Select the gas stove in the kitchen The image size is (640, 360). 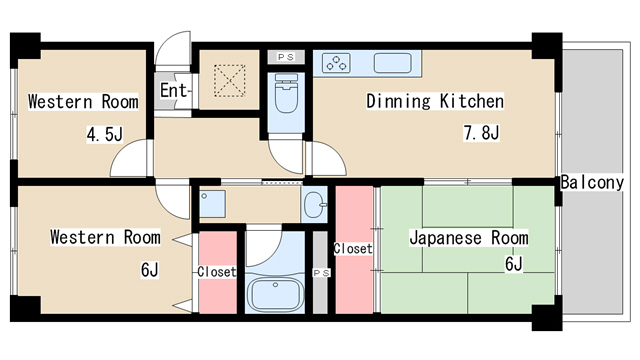point(337,63)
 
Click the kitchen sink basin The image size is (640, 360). point(391,63)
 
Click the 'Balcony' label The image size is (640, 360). point(591,183)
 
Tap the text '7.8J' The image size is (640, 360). point(481,132)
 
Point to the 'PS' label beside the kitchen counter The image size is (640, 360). point(284,57)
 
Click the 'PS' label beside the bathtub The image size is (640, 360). point(321,273)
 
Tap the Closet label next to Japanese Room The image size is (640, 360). point(352,249)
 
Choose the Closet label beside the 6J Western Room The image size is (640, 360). point(216,271)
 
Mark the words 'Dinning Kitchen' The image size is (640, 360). point(434,101)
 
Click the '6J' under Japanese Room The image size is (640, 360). point(514,264)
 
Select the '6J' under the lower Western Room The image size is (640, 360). point(149,270)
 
